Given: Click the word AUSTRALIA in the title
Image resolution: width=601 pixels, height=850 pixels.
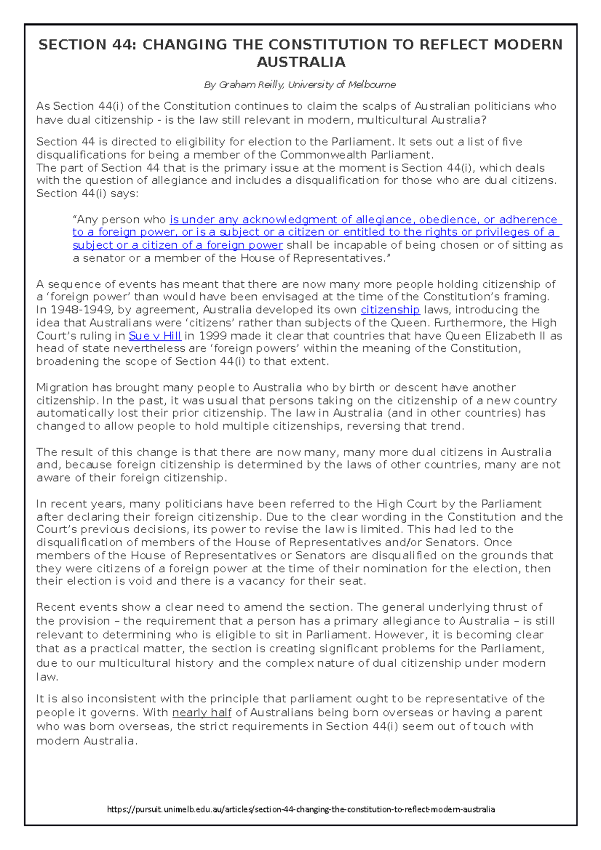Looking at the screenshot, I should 300,62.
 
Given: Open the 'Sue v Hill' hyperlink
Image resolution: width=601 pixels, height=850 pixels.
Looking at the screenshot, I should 154,336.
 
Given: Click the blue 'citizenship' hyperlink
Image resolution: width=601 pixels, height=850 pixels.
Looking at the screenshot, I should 390,310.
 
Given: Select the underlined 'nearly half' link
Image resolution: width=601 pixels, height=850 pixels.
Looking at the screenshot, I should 201,712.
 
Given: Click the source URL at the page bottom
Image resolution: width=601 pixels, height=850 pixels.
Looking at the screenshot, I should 300,809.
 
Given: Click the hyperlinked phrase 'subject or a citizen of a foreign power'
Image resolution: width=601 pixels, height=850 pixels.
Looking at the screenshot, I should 178,245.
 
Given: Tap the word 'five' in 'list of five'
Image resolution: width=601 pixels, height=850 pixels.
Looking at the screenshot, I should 511,142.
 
